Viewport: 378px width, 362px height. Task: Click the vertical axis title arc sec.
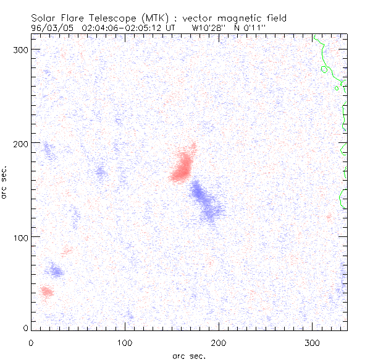point(5,182)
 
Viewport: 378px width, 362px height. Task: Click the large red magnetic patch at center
point(183,165)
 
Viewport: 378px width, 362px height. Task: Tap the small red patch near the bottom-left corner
point(47,291)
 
